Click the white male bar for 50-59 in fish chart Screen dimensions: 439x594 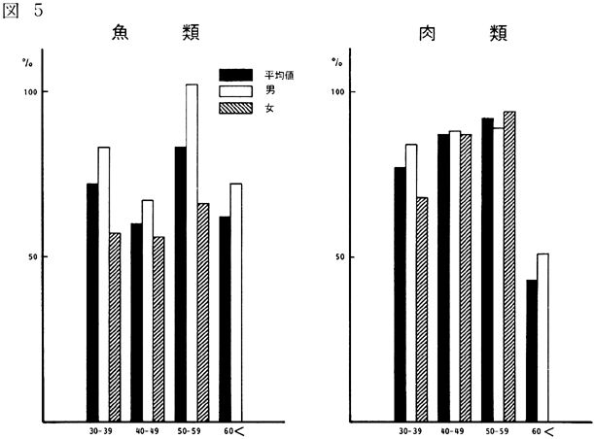point(191,253)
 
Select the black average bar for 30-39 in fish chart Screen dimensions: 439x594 point(92,302)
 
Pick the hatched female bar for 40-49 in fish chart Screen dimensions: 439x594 point(157,329)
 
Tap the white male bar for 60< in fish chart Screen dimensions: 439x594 point(235,302)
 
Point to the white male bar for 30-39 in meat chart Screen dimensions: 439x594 point(411,283)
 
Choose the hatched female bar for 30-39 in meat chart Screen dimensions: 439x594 point(422,310)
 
